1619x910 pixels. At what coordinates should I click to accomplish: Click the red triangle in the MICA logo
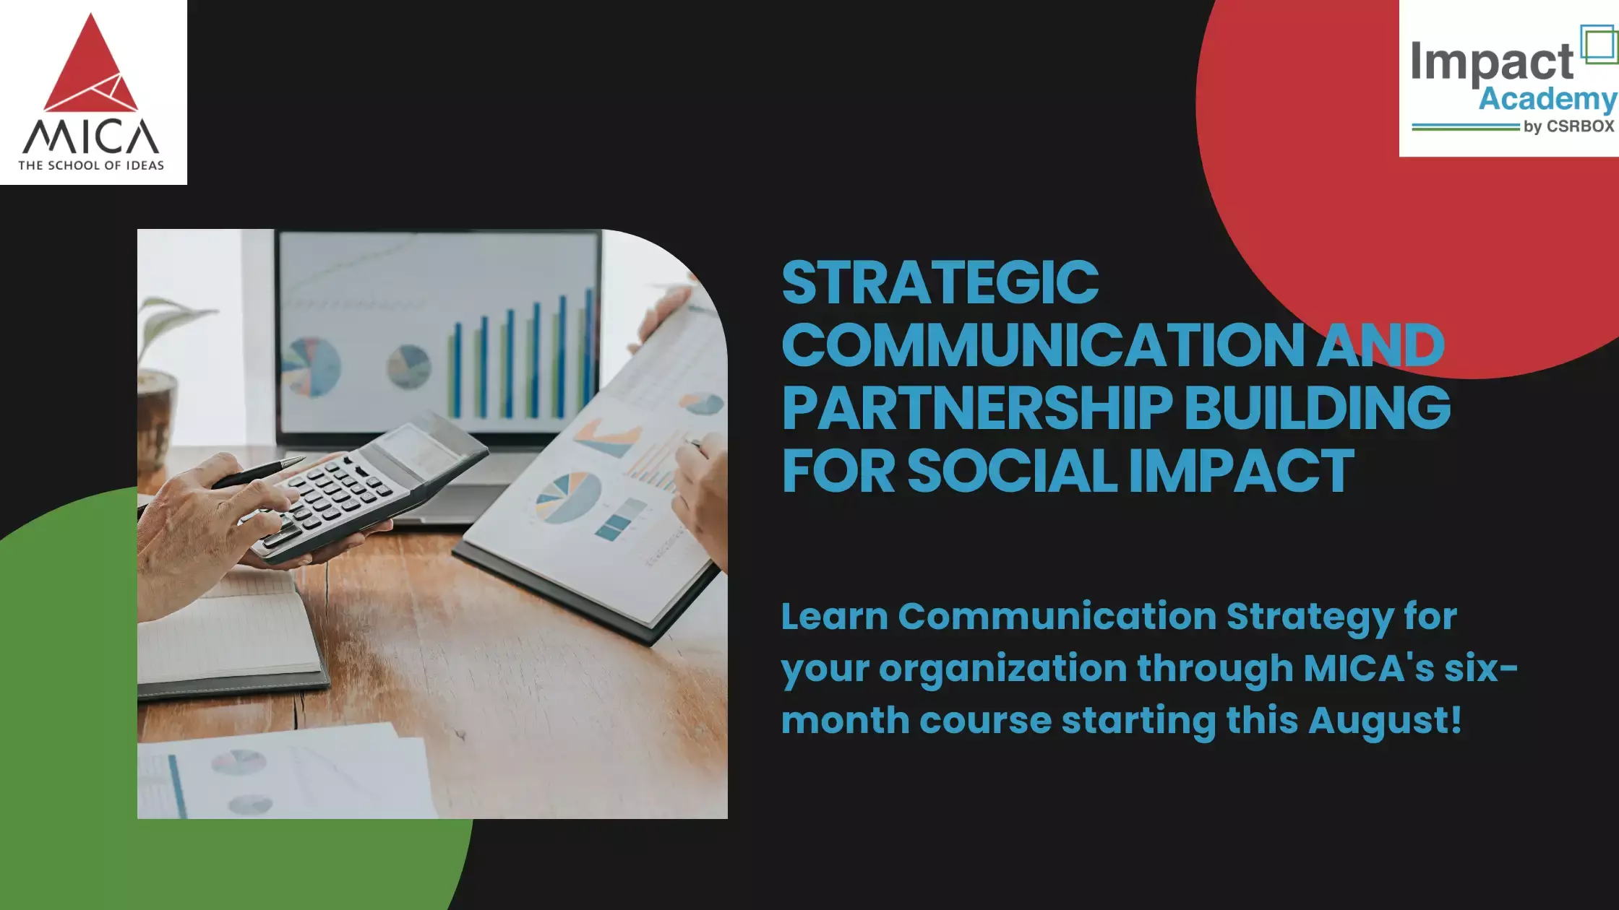tap(90, 69)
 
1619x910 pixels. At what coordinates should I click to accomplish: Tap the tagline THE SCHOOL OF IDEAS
tap(91, 165)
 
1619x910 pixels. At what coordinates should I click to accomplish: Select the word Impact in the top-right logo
tap(1492, 62)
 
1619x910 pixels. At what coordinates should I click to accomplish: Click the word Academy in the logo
tap(1547, 99)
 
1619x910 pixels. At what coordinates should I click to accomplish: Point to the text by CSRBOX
tap(1568, 126)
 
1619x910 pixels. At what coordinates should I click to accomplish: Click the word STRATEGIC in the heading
tap(940, 282)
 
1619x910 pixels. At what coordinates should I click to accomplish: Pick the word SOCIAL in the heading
tap(1012, 471)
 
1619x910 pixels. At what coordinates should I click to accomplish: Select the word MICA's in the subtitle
tap(1368, 668)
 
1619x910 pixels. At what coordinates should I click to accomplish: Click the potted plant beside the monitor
tap(159, 376)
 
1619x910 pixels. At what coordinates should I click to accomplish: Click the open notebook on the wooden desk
tap(224, 636)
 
